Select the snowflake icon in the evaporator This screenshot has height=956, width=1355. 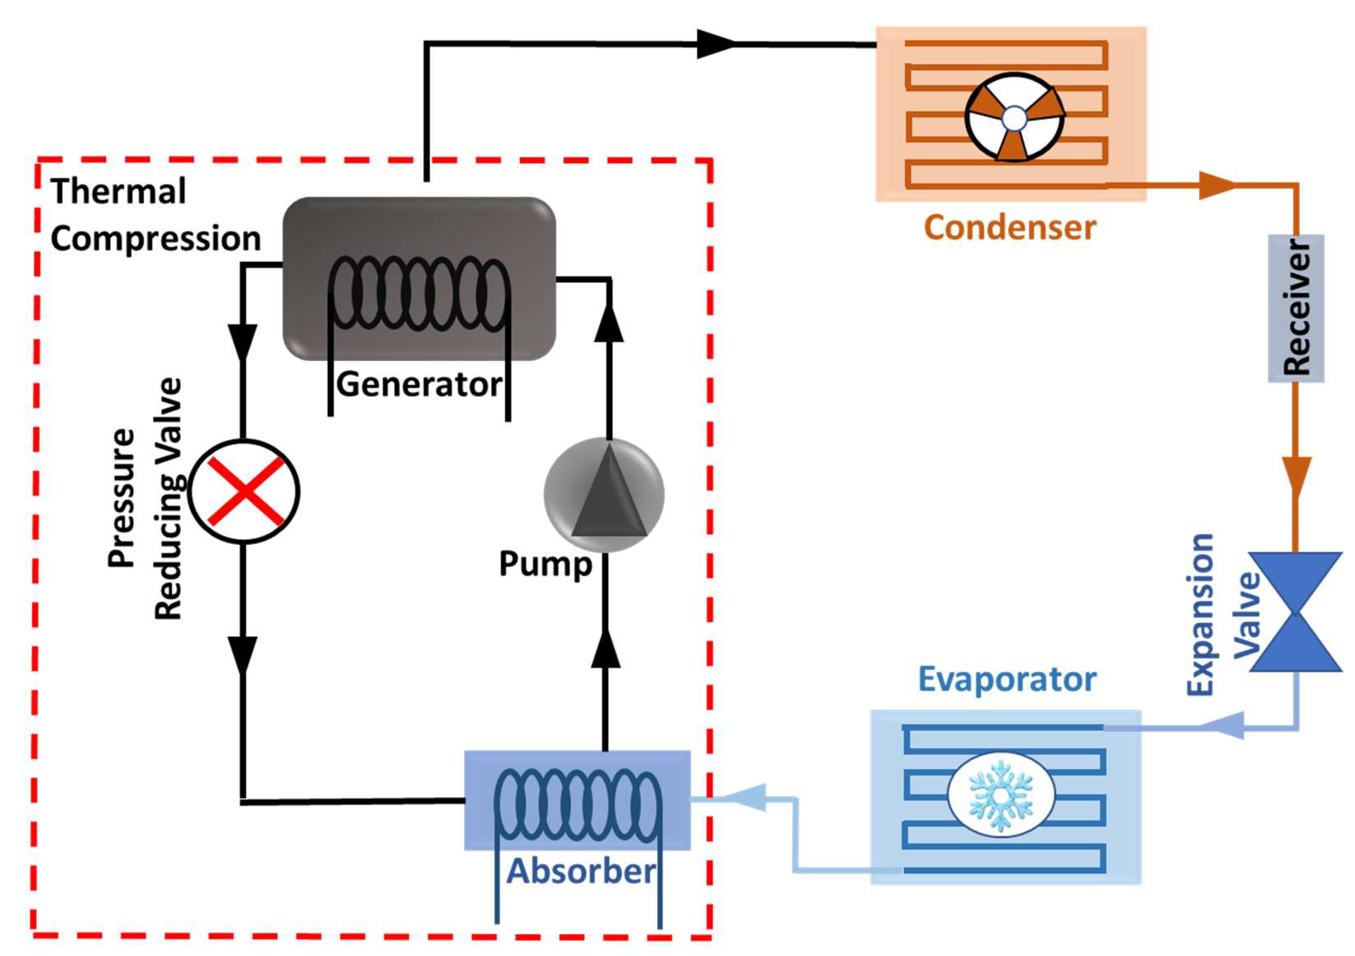(1001, 796)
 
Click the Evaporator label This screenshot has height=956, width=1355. (1007, 680)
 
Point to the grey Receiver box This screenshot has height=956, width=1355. (1296, 308)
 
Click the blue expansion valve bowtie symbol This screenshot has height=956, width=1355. (1296, 612)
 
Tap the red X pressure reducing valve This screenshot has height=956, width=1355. (244, 491)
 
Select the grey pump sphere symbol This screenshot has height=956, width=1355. (604, 495)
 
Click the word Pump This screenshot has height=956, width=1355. (545, 564)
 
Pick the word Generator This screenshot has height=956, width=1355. (419, 385)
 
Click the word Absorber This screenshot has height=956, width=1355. (581, 871)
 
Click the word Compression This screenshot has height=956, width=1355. (156, 239)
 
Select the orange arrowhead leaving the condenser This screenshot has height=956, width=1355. (1216, 186)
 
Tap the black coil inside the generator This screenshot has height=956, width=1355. (419, 293)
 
